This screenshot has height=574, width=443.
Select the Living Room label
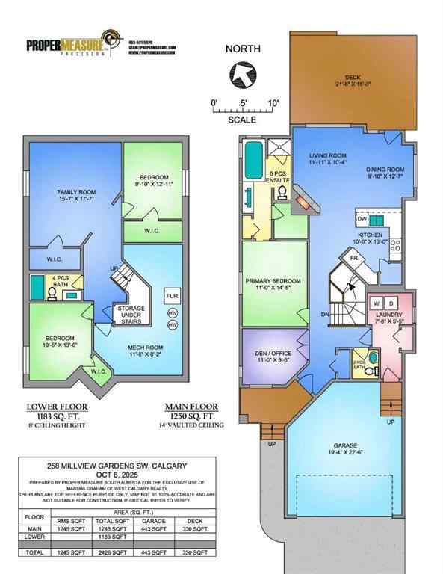click(329, 157)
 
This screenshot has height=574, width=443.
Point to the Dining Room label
click(384, 173)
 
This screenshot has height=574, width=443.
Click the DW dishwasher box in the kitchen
click(362, 220)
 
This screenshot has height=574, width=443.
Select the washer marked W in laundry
click(376, 303)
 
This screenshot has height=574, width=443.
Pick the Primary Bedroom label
click(273, 285)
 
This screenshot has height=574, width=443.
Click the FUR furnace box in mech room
click(171, 296)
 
